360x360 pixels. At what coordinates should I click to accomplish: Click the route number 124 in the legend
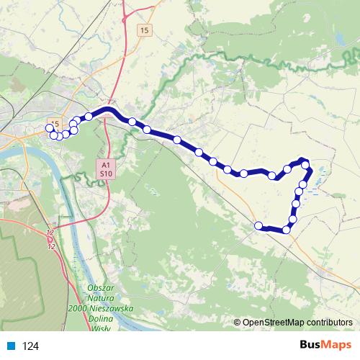pos(30,346)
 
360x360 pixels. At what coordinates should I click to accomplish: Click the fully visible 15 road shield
pos(145,30)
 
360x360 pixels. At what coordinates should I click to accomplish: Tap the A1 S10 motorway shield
pos(105,168)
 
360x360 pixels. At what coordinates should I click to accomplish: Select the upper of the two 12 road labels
pos(50,233)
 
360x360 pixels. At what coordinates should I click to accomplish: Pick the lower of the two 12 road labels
pos(51,246)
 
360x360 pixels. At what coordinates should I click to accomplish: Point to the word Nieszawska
pos(115,307)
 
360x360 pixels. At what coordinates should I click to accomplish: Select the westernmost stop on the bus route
pos(50,128)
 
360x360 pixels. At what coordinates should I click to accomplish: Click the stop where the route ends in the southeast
pos(258,226)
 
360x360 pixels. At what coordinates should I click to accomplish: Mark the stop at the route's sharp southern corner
pos(287,230)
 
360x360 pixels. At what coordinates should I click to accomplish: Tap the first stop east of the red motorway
pos(132,122)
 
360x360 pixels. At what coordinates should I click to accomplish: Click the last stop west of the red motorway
pos(89,116)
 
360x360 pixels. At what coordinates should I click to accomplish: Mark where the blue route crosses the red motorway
pos(109,110)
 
